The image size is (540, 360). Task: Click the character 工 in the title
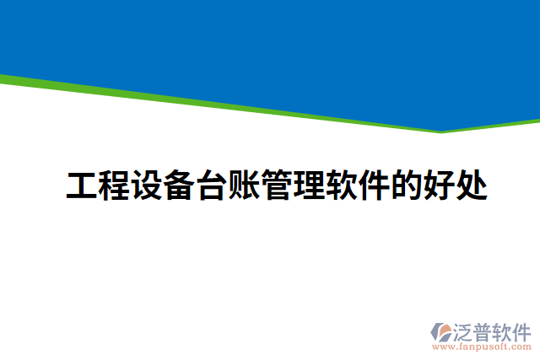pos(82,186)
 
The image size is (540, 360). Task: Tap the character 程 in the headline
pos(115,186)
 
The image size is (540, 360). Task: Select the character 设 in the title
pos(148,186)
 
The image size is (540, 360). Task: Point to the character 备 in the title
pos(180,186)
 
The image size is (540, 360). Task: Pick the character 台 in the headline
pos(212,186)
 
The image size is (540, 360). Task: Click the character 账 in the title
pos(245,186)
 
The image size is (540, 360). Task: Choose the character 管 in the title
pos(277,186)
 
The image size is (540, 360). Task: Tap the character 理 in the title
pos(310,186)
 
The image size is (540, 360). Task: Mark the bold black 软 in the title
pos(342,186)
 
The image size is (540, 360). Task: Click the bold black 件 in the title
pos(375,186)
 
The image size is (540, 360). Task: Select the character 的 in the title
pos(407,186)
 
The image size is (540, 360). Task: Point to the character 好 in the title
pos(440,186)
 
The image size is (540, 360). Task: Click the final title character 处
pos(472,186)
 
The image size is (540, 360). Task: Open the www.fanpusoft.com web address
pos(482,346)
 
